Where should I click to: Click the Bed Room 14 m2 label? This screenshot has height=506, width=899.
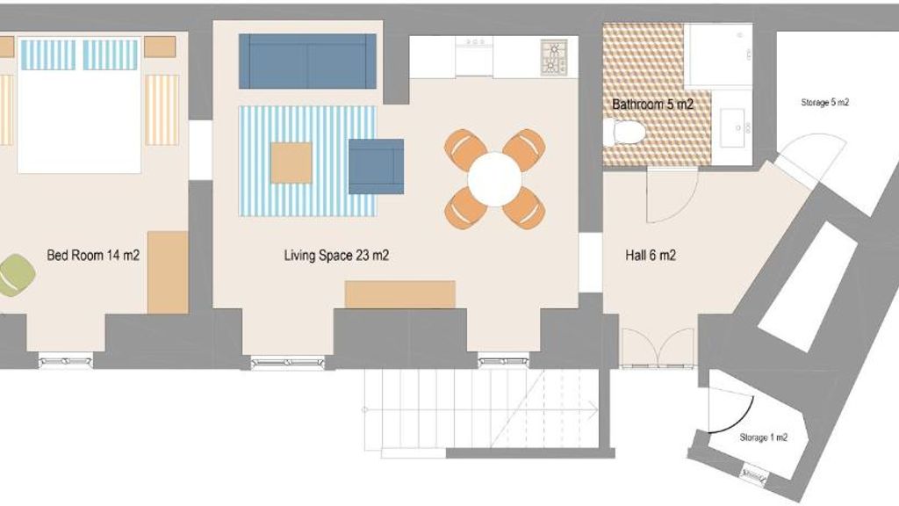(x=93, y=256)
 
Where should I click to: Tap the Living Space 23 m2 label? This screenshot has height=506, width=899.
(x=336, y=256)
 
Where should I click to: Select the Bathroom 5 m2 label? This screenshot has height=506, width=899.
(x=652, y=105)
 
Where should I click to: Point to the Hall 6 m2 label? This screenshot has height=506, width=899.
(x=651, y=256)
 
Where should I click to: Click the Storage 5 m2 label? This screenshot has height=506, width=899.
(x=824, y=103)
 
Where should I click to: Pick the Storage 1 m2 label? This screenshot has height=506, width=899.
(x=763, y=437)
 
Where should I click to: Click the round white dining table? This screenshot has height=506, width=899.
(x=494, y=179)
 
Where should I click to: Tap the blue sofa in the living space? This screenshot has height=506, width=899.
(x=307, y=61)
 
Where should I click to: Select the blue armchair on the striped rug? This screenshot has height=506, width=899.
(x=376, y=166)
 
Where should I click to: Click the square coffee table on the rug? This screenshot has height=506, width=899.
(x=291, y=163)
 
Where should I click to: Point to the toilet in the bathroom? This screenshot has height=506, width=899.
(x=624, y=133)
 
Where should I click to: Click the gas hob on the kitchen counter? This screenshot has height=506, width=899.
(x=554, y=57)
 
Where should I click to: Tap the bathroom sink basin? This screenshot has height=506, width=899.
(x=732, y=127)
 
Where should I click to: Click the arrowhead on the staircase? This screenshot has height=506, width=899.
(x=593, y=409)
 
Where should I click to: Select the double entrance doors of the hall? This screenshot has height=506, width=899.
(x=658, y=348)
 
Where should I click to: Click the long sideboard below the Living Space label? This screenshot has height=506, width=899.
(x=400, y=294)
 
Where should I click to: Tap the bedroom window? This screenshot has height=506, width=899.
(x=65, y=361)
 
